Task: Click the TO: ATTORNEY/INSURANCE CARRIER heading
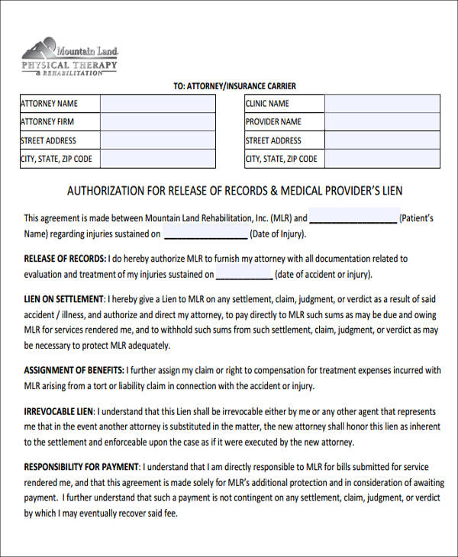(234, 86)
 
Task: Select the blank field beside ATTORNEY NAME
(158, 104)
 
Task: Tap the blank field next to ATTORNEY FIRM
(158, 122)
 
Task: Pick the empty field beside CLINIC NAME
(382, 104)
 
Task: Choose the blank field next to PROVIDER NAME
(382, 122)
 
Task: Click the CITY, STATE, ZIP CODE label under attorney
(56, 159)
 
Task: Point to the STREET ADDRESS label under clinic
(273, 140)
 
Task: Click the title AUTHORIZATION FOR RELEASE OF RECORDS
(234, 191)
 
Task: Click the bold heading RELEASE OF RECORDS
(65, 259)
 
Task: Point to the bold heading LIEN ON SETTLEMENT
(63, 298)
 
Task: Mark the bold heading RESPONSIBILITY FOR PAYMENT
(82, 466)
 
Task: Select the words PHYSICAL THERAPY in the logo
(69, 66)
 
